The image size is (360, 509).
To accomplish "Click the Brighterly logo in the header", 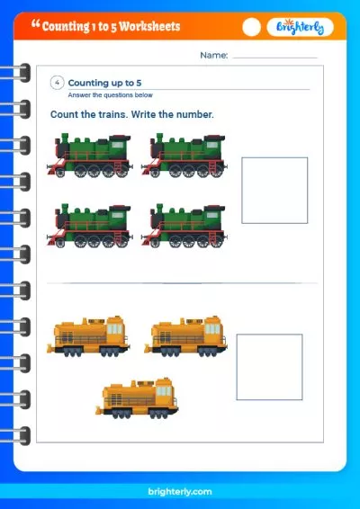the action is pos(301,27).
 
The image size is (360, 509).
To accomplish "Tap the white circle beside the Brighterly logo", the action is pos(251,27).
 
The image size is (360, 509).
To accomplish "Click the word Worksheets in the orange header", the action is pos(149,26).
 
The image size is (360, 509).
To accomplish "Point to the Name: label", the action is pos(214,55).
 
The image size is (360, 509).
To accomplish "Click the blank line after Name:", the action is pos(274,58).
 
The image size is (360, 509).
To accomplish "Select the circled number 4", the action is pos(57,83).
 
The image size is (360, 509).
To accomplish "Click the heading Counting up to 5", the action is pos(104,83).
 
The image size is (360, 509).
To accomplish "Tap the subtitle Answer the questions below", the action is pos(110,95).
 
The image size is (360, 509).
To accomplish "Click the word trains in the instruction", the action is pos(113,114).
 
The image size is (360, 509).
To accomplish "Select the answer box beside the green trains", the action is pos(274,191).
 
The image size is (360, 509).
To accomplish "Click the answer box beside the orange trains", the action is pos(269,367).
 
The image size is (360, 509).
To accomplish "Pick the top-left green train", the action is pos(90,156).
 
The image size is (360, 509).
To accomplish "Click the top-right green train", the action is pos(184,156).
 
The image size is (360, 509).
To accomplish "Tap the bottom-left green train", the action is pos(90,226).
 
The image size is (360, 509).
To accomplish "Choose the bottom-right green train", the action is pos(184,226).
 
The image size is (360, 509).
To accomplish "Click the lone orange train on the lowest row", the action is pos(137,398).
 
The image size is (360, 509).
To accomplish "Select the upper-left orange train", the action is pos(88,336).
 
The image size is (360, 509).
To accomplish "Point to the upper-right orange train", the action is pos(185,336).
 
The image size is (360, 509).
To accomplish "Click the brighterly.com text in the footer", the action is pos(180,492).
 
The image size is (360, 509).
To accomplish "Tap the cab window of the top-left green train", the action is pos(117,145).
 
